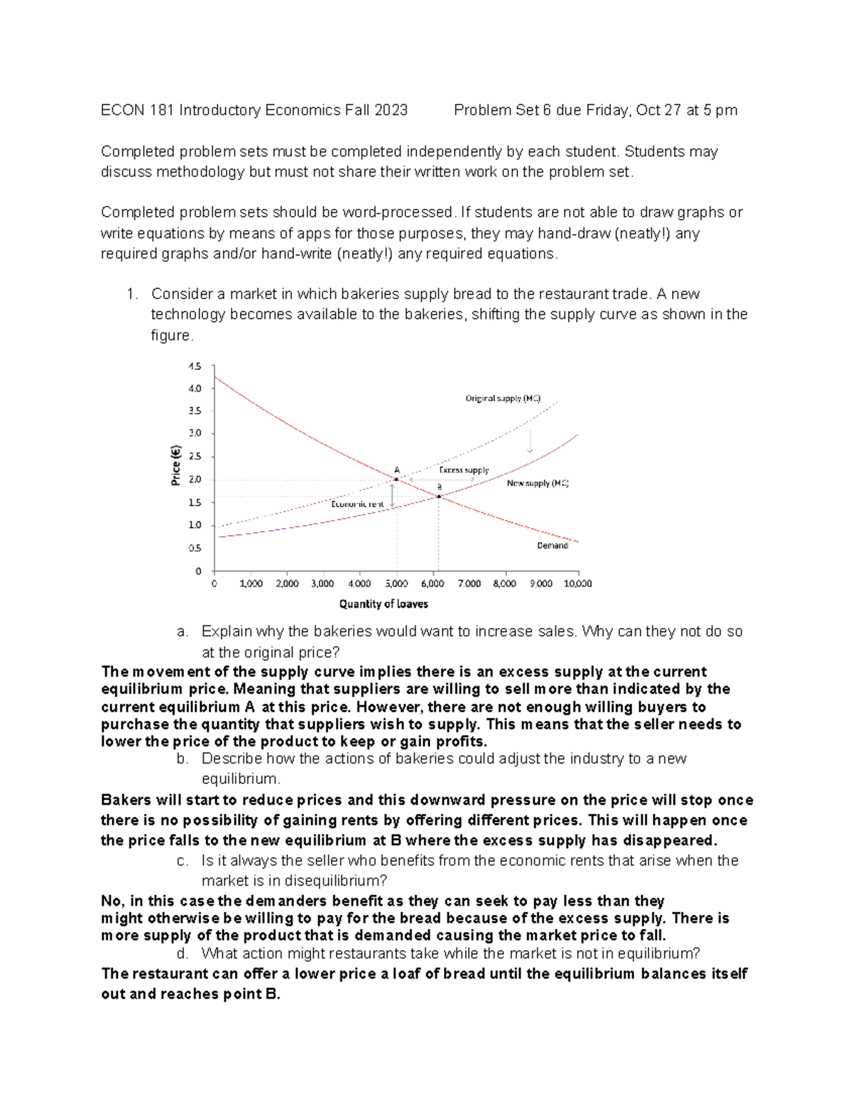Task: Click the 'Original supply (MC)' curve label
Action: point(503,398)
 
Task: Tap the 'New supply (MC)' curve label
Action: point(538,484)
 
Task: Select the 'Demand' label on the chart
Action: point(552,546)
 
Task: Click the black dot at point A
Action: point(396,479)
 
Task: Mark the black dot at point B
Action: point(439,496)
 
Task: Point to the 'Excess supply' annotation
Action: point(463,470)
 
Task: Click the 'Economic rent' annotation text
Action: point(357,504)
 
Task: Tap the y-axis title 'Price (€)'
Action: point(175,465)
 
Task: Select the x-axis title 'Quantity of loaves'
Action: point(383,604)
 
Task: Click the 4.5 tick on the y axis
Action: point(195,366)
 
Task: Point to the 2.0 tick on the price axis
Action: point(195,479)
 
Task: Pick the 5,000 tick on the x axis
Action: point(396,584)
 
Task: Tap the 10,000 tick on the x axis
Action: point(578,584)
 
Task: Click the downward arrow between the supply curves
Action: point(530,441)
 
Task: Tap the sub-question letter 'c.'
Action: point(182,861)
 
